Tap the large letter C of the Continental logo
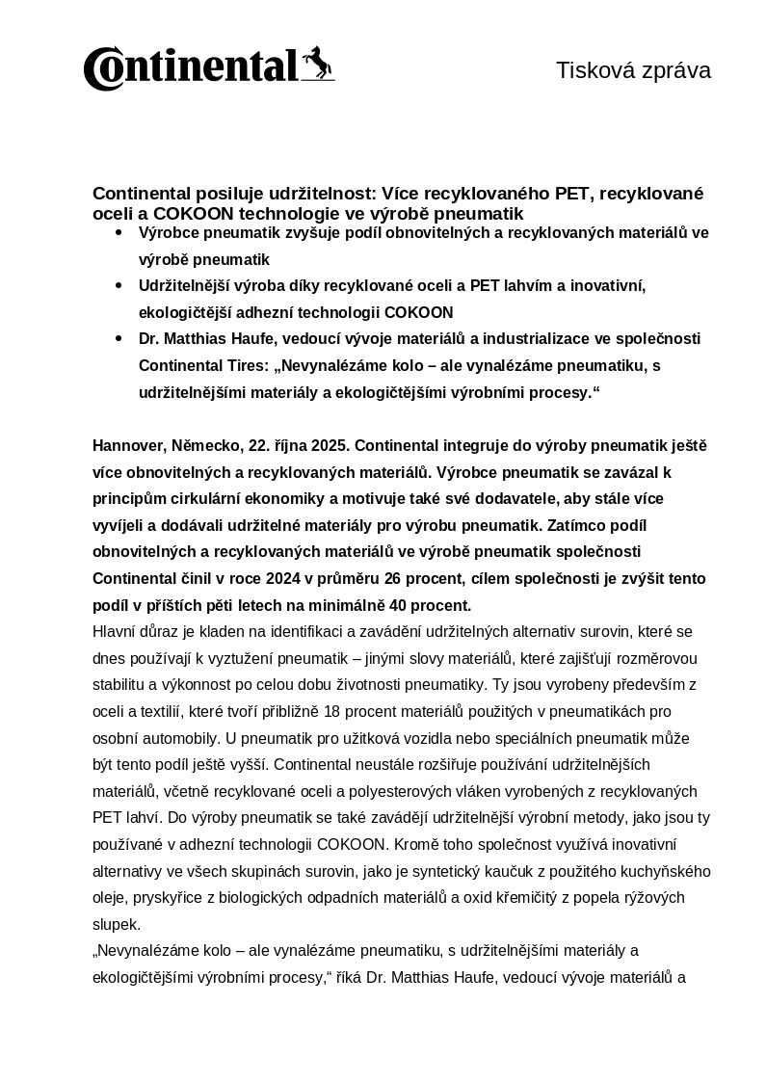point(101,69)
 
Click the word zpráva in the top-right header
point(674,70)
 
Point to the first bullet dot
point(119,233)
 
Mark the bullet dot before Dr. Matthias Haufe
point(119,338)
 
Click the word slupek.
point(116,924)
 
